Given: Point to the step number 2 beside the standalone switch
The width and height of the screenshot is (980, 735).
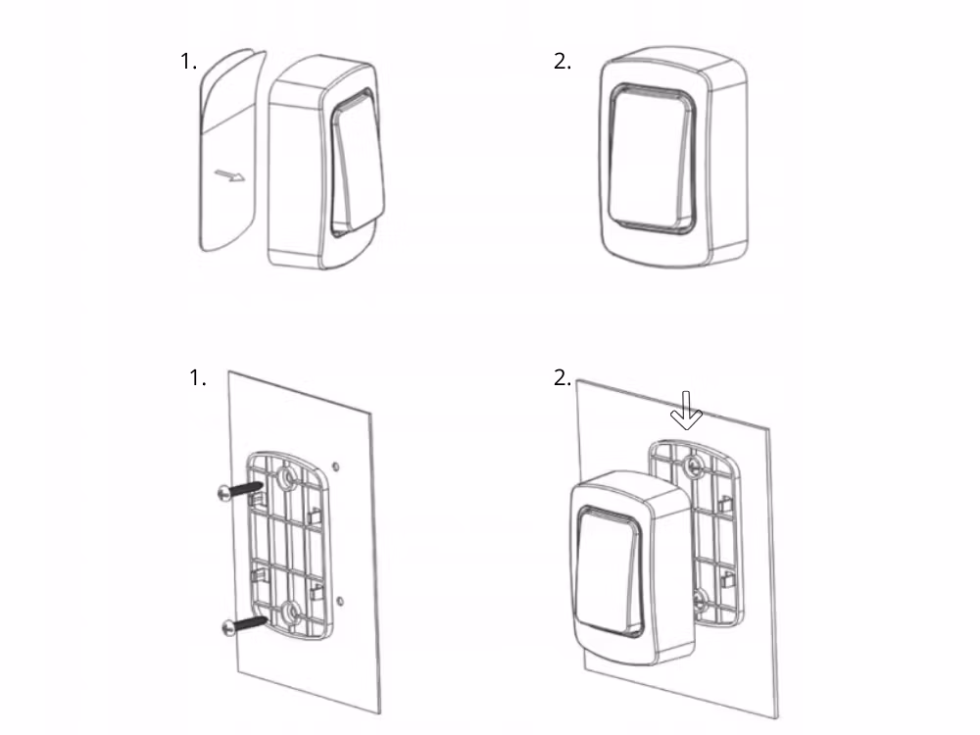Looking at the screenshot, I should click(x=563, y=62).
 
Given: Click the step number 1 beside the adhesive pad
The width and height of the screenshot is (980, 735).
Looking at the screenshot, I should click(x=188, y=62).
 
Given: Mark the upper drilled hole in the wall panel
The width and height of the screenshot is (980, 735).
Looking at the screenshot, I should click(x=336, y=465).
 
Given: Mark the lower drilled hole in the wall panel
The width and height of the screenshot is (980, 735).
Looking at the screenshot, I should click(x=338, y=599).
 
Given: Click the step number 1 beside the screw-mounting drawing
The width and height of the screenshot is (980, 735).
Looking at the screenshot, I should click(x=197, y=378).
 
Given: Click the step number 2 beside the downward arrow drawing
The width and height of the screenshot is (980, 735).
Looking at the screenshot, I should click(x=563, y=378).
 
